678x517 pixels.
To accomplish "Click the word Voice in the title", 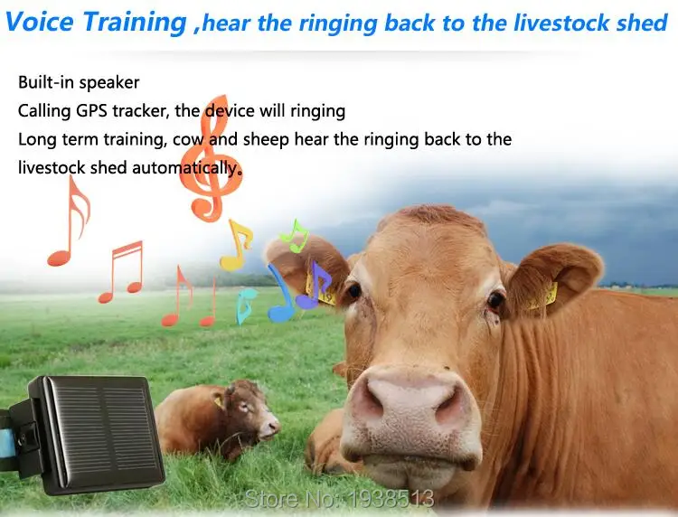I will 42,22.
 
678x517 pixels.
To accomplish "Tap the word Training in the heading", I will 136,23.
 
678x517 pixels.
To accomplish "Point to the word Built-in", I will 46,82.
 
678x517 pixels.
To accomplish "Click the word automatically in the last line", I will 190,168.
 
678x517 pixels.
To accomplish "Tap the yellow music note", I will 237,244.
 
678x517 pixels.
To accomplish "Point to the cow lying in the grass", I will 217,420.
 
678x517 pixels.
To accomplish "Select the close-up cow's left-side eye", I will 353,291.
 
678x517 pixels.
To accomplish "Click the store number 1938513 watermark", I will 340,498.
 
